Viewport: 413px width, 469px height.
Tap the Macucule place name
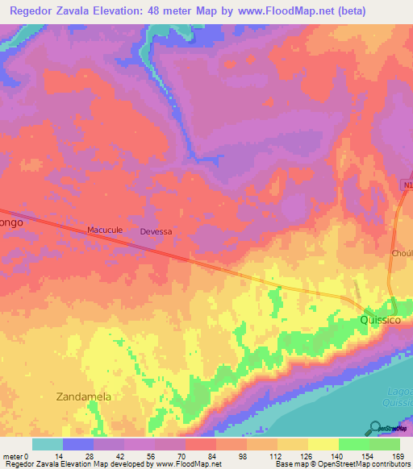[x=104, y=230]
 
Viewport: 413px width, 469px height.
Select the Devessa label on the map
[x=156, y=231]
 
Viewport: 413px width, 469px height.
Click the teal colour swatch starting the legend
[x=48, y=444]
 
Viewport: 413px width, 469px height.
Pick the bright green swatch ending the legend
[x=385, y=444]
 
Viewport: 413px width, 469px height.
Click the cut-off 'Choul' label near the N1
[x=401, y=252]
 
